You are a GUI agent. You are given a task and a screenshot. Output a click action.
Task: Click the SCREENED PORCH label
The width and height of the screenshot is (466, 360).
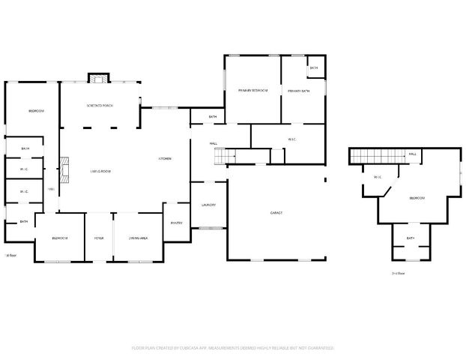[99, 106]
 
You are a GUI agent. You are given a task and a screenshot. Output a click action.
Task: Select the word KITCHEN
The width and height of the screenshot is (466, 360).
[165, 158]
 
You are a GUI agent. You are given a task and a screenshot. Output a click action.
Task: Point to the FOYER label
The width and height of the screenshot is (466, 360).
[99, 238]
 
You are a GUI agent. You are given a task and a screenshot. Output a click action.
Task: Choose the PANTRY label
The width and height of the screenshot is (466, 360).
[177, 223]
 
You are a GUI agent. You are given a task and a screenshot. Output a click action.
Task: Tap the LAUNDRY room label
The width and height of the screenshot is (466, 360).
[208, 205]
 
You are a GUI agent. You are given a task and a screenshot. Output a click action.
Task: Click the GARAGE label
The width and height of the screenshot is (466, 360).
[276, 213]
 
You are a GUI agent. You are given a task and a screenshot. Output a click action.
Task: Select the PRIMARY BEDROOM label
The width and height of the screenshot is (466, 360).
[253, 91]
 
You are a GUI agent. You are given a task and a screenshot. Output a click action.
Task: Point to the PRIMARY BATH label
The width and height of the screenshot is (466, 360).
[298, 91]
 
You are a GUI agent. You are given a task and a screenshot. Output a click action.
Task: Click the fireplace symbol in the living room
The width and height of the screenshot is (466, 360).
[65, 169]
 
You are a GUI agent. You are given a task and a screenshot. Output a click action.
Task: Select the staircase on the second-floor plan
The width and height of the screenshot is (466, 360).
[378, 155]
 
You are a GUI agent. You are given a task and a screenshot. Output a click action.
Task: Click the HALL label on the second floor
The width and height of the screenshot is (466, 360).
[413, 155]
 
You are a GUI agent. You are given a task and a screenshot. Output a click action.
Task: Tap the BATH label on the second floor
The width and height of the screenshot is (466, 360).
[411, 238]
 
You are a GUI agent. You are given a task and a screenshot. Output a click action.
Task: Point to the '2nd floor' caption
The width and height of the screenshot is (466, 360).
[398, 274]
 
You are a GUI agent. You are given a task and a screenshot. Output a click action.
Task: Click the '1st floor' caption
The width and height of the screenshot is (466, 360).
[10, 256]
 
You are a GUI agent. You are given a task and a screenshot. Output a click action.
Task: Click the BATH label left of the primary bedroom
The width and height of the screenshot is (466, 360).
[213, 117]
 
